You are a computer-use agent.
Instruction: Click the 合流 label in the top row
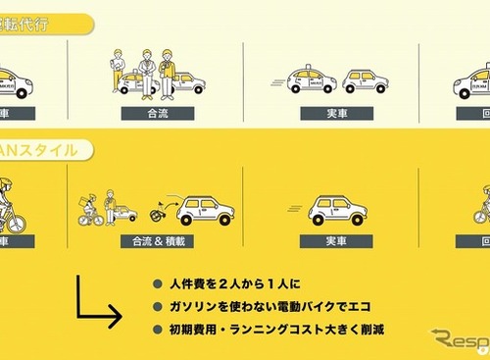pyautogui.click(x=158, y=113)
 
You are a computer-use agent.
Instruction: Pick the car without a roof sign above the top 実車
pyautogui.click(x=364, y=80)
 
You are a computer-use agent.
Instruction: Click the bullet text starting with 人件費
pyautogui.click(x=226, y=284)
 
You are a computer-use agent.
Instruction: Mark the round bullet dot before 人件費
pyautogui.click(x=157, y=284)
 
